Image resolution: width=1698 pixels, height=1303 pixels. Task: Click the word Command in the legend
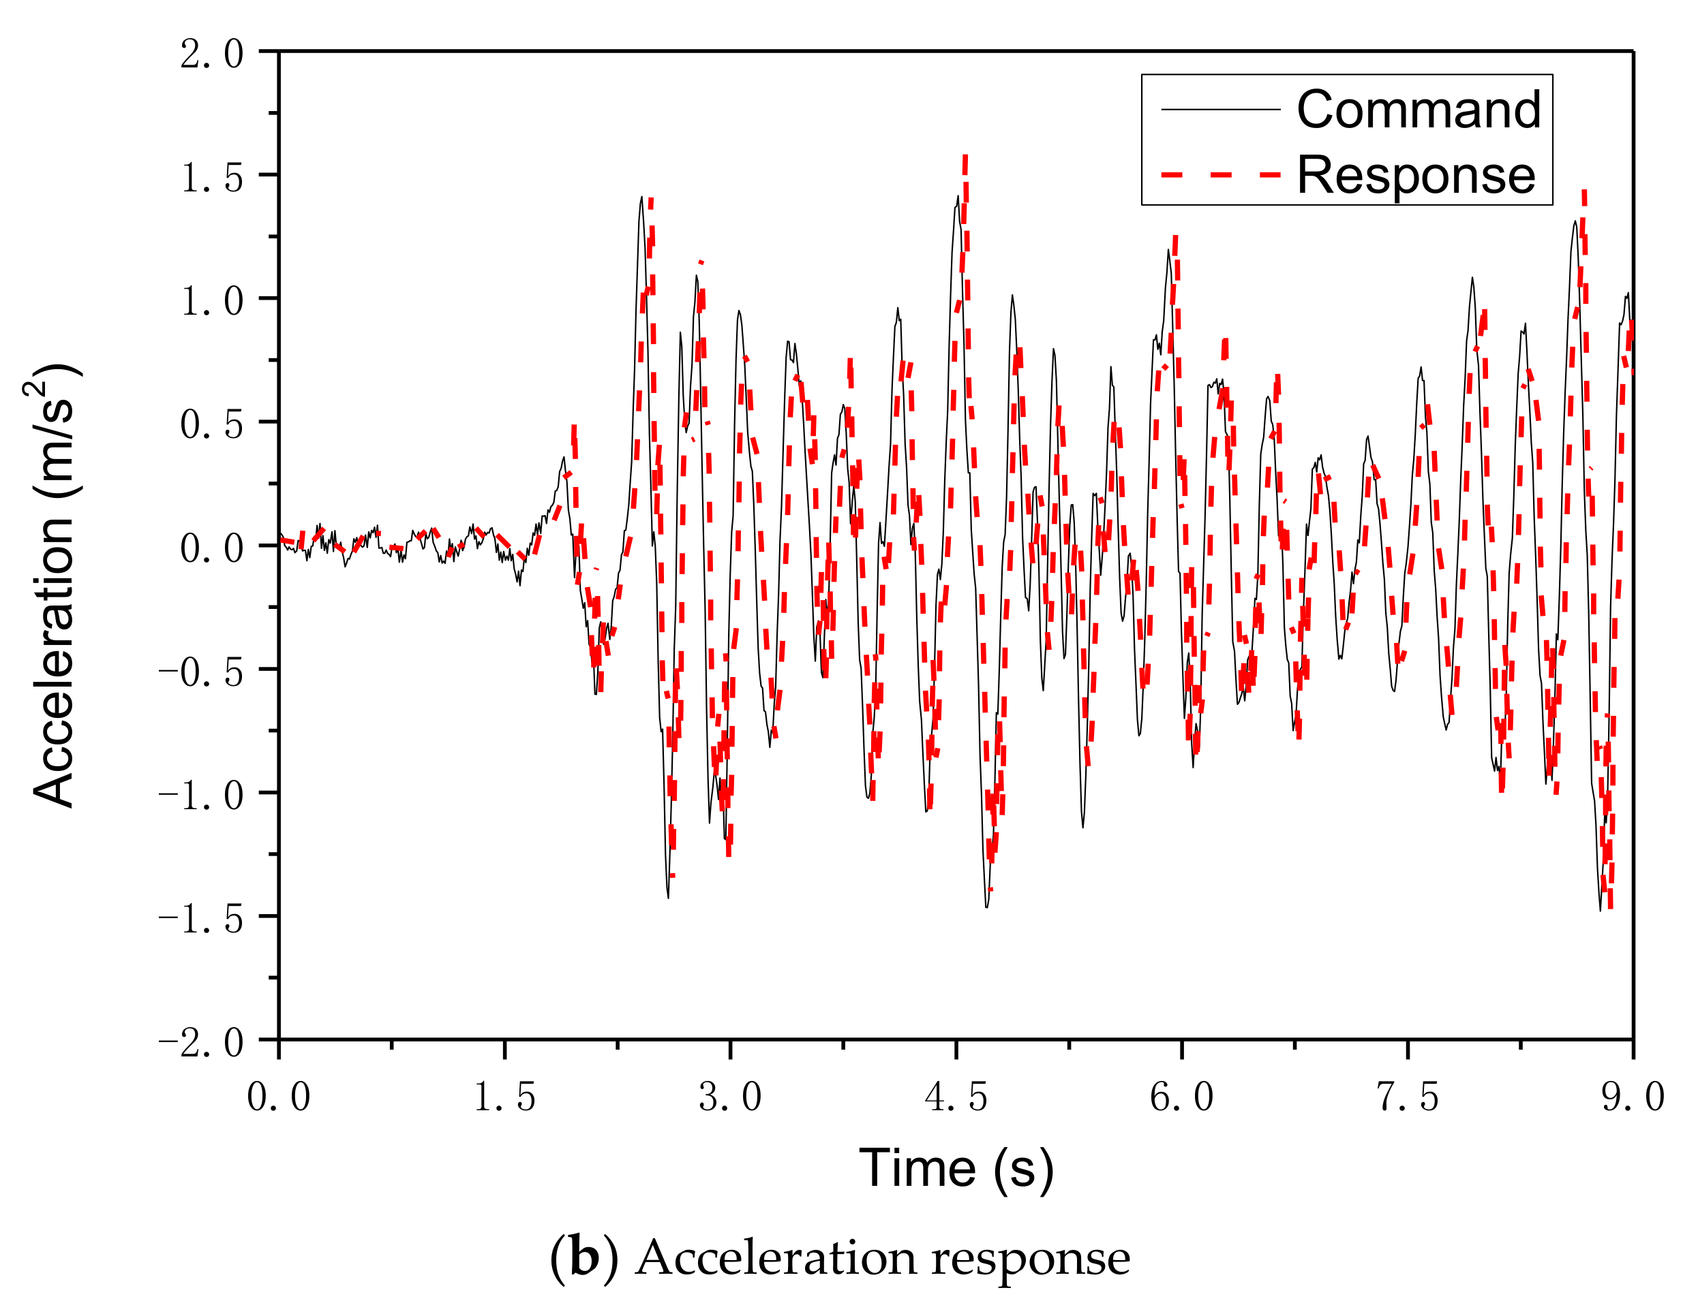click(1418, 110)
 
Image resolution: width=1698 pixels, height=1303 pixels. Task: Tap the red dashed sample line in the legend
click(1219, 175)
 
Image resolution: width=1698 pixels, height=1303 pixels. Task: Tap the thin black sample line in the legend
click(1219, 110)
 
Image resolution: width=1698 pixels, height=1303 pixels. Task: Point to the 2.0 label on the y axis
click(212, 54)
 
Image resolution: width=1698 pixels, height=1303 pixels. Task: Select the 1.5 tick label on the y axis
click(212, 178)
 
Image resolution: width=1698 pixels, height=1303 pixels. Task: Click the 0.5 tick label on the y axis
click(212, 424)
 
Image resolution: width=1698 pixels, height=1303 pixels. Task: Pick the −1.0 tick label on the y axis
click(201, 795)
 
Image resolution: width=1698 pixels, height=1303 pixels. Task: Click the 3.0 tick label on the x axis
click(729, 1097)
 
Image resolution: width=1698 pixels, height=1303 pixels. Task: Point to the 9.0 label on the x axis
click(1632, 1097)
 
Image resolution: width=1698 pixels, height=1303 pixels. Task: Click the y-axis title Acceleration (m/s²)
click(55, 586)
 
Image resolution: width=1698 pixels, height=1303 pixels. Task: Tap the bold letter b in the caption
click(584, 1257)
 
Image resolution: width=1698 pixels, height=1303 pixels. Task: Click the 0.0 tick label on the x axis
click(279, 1097)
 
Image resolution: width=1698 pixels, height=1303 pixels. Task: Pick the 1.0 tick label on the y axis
click(212, 301)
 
